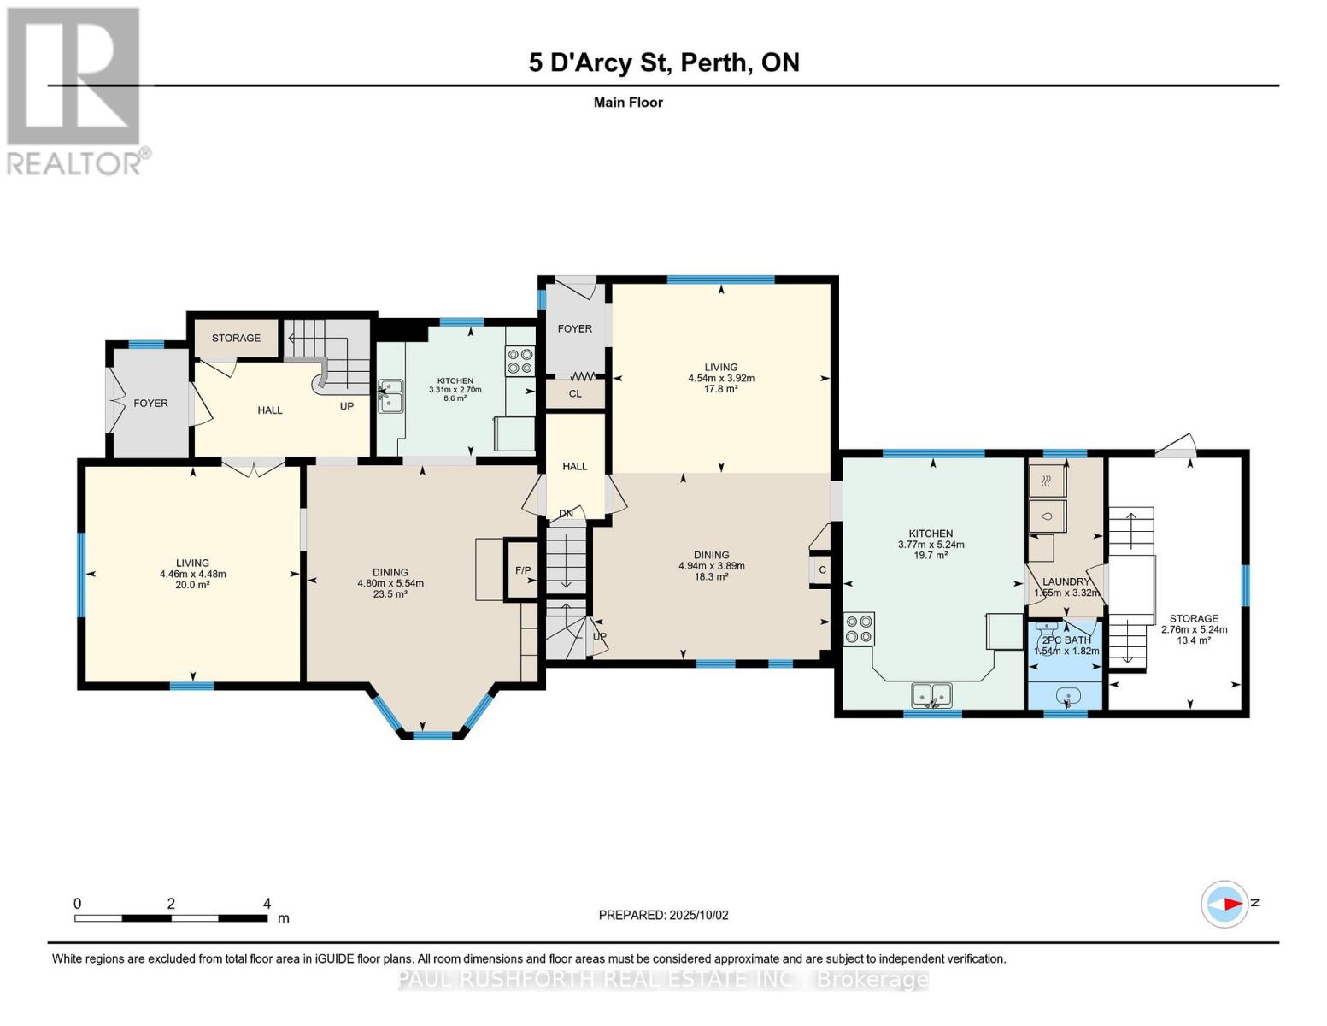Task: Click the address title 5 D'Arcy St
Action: [663, 62]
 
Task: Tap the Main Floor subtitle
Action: [628, 103]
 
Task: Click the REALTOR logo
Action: [75, 90]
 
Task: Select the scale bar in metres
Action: [171, 917]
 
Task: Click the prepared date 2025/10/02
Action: [663, 915]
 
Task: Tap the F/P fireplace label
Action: [522, 570]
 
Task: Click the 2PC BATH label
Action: [1066, 640]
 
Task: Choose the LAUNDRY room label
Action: [1066, 581]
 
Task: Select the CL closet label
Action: [575, 393]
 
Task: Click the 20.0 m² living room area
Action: [192, 585]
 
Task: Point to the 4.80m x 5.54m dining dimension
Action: [390, 583]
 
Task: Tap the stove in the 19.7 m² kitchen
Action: [859, 628]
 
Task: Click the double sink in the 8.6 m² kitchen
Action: [390, 396]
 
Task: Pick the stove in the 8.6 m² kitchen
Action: [520, 360]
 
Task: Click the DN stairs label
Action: [566, 513]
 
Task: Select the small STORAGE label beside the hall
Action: [236, 338]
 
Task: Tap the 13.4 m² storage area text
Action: [1194, 640]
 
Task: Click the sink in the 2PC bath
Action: [1066, 696]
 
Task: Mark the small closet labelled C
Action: [822, 570]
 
